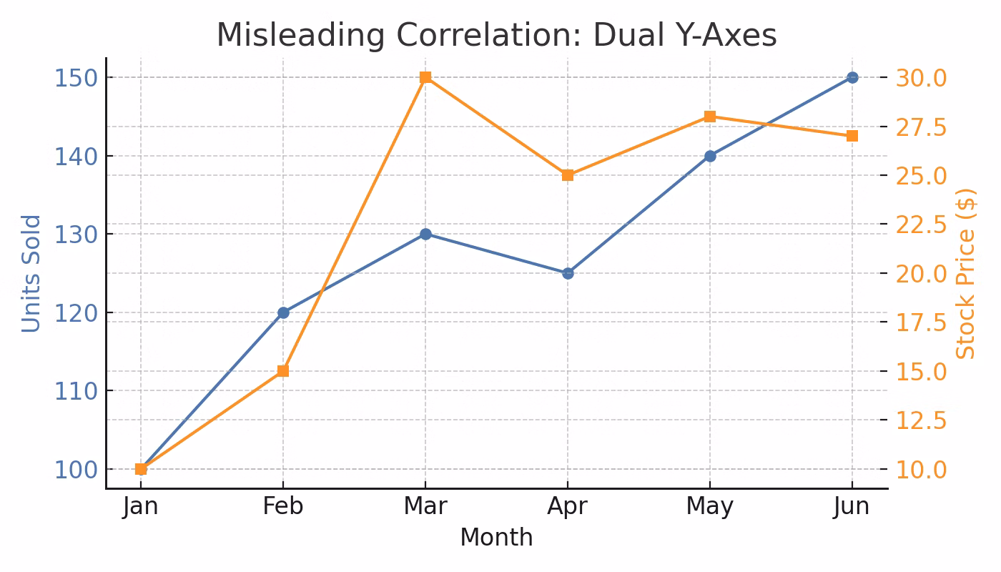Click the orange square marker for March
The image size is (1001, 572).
425,77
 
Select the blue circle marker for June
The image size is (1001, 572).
852,77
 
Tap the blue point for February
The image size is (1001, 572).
283,312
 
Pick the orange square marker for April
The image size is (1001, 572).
568,175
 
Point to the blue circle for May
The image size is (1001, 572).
710,156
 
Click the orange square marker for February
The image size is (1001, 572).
283,371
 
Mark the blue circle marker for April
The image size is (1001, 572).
568,273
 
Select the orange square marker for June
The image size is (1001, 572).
852,136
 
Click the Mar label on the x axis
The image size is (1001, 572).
425,506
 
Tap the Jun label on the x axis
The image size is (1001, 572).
852,506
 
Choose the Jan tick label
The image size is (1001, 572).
141,506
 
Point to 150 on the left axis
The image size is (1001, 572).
76,77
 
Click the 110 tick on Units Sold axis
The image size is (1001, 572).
76,391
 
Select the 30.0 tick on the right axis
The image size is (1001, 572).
922,77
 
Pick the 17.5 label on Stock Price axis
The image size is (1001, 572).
922,322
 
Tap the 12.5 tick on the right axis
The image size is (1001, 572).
922,420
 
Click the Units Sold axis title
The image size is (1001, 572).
31,273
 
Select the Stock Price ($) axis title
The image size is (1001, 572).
966,273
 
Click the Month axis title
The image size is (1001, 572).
496,538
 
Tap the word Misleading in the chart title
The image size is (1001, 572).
292,36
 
